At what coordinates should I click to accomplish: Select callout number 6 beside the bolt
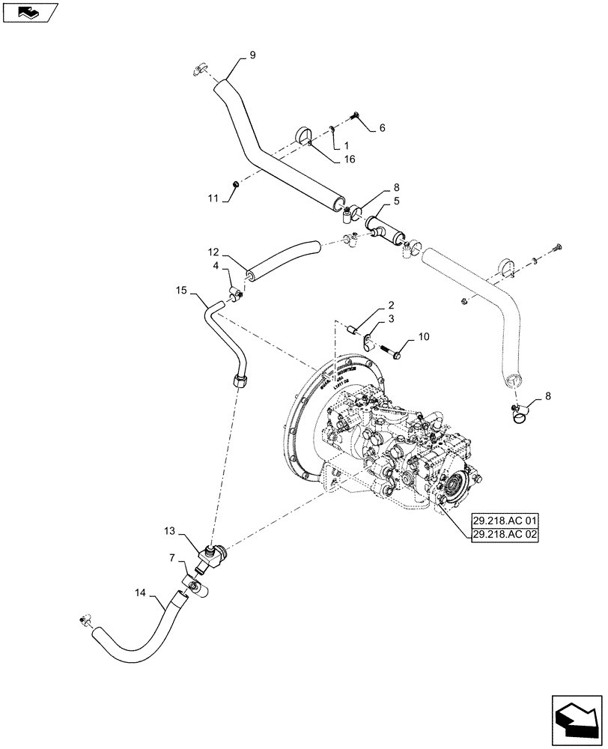pos(382,128)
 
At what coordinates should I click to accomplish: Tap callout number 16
pos(350,159)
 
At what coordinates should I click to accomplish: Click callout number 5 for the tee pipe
pos(396,201)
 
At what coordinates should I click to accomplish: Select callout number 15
pos(180,289)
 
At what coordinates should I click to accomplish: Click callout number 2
pos(391,305)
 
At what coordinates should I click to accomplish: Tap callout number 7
pos(173,557)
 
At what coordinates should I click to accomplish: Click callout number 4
pos(216,265)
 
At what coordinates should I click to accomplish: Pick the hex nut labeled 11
pos(234,184)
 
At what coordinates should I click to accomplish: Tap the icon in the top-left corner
pos(30,13)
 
